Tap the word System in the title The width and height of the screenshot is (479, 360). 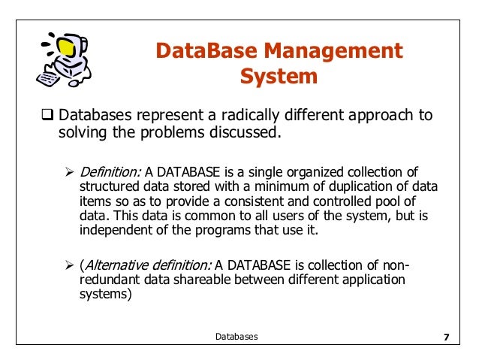pos(279,77)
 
